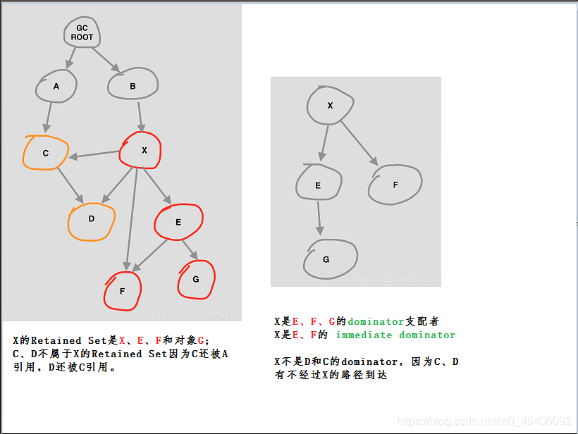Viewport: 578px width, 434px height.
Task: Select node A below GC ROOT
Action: click(56, 86)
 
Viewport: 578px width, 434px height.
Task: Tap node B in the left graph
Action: click(133, 86)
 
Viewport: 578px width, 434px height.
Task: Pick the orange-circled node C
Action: click(46, 153)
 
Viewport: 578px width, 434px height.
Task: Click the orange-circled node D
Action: click(92, 218)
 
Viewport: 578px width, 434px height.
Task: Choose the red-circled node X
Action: click(142, 150)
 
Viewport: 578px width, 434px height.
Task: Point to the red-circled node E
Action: click(178, 222)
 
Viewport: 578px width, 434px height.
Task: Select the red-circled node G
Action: click(196, 279)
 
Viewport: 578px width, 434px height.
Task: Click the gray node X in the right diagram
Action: click(330, 106)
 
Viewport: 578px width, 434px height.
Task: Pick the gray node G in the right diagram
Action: click(327, 259)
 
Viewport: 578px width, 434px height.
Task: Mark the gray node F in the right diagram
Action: click(395, 185)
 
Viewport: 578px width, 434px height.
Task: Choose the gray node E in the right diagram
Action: click(319, 185)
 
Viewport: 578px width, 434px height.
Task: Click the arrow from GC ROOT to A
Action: click(71, 58)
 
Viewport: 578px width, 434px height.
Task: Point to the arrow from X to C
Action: click(97, 154)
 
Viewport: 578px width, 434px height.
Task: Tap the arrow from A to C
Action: click(48, 117)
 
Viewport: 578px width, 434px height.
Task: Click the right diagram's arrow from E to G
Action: click(319, 218)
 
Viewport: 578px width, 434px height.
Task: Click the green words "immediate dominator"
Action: click(395, 335)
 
